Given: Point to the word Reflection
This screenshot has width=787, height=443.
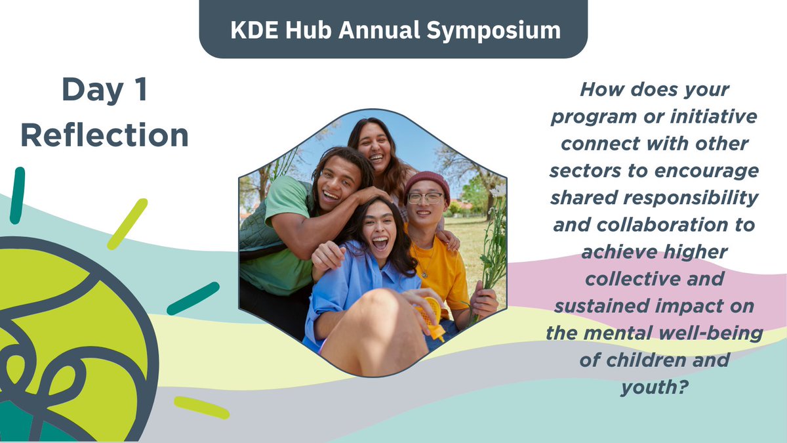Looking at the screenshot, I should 104,135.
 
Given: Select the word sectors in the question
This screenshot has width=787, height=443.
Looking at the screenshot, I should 584,171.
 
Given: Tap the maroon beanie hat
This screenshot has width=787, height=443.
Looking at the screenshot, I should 426,180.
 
